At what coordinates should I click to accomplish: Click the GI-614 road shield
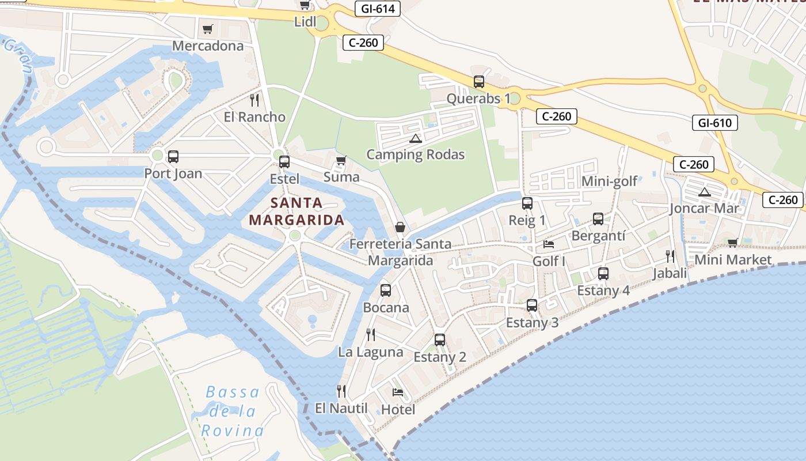[x=378, y=9]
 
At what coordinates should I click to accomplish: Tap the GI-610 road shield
[x=714, y=123]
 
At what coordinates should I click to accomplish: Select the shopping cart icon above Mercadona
[x=208, y=29]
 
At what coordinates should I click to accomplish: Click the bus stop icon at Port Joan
[x=173, y=156]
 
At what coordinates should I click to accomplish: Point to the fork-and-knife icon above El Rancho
[x=254, y=100]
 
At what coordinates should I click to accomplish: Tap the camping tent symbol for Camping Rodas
[x=415, y=138]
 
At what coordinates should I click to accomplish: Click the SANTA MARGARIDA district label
[x=296, y=211]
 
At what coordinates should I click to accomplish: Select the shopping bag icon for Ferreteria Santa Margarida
[x=400, y=227]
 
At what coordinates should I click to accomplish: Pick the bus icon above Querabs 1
[x=479, y=82]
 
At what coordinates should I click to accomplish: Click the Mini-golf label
[x=609, y=182]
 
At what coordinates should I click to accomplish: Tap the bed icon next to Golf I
[x=549, y=244]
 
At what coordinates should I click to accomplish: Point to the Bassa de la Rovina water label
[x=233, y=411]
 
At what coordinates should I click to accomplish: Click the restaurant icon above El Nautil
[x=341, y=391]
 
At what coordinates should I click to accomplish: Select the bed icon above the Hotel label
[x=398, y=392]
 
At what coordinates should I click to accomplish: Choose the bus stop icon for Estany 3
[x=532, y=305]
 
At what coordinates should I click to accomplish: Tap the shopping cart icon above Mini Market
[x=732, y=243]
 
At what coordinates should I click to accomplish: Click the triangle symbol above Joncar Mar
[x=704, y=192]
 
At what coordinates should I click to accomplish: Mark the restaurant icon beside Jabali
[x=670, y=256]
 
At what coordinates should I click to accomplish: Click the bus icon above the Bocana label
[x=386, y=290]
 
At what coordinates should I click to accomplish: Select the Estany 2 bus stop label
[x=440, y=357]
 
